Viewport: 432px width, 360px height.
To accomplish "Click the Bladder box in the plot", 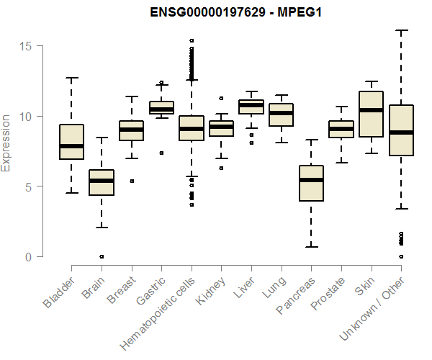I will (x=71, y=141).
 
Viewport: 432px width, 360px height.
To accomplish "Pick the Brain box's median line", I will (x=102, y=181).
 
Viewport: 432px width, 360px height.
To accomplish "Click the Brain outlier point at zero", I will (x=102, y=256).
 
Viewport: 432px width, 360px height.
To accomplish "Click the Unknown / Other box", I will (x=401, y=130).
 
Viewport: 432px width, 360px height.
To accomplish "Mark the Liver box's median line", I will (x=251, y=105).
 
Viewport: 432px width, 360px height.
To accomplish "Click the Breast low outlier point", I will (x=131, y=181).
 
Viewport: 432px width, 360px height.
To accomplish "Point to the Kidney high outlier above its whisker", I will (x=221, y=98).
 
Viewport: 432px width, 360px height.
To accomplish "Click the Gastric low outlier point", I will (x=161, y=153).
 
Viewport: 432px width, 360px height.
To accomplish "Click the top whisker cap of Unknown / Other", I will (x=401, y=30).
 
